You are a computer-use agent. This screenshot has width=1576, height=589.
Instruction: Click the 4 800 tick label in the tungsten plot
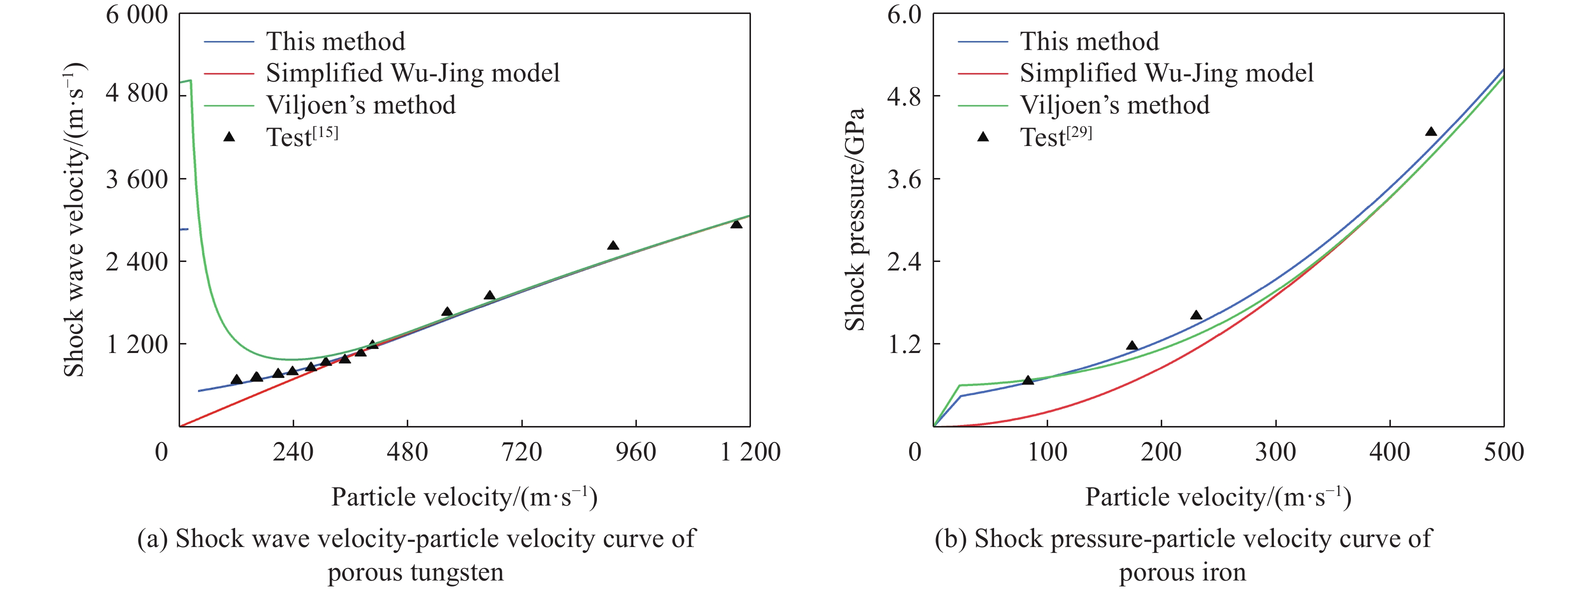point(137,93)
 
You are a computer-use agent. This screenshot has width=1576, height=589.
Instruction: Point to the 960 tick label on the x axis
point(636,452)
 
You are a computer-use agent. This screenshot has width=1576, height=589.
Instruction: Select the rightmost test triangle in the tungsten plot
point(736,224)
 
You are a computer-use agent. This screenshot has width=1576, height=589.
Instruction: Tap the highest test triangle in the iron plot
point(1430,132)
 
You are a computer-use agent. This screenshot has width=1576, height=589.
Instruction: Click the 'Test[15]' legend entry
point(302,137)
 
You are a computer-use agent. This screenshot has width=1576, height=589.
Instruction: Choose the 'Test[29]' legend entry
point(1055,137)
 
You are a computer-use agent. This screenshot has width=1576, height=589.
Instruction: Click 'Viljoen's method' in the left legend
point(360,105)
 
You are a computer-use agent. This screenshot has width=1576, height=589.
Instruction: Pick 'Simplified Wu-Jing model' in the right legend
point(1166,73)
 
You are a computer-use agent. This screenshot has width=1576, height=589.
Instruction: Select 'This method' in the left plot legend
point(335,41)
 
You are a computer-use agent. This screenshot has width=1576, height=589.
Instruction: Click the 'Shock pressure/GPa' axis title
point(855,219)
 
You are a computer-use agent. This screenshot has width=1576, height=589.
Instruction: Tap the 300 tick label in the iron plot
point(1276,452)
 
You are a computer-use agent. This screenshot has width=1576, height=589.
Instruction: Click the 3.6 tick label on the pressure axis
point(904,179)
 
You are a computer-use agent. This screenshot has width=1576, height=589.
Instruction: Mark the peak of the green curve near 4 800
point(191,80)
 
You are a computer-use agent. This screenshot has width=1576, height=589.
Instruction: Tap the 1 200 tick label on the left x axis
point(750,452)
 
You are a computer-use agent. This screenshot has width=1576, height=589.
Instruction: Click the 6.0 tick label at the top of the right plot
point(904,14)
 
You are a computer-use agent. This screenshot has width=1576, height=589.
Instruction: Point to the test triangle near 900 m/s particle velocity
point(613,246)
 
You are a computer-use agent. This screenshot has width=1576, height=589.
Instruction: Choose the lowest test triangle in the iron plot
point(1028,380)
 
